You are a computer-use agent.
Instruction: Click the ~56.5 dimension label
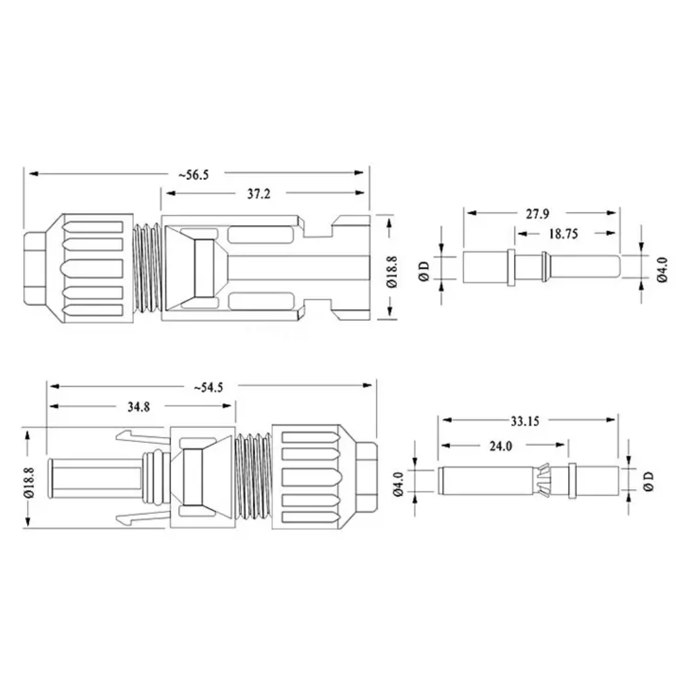tap(194, 174)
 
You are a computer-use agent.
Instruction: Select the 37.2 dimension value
tap(258, 193)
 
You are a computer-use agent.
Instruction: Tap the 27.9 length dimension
tap(538, 214)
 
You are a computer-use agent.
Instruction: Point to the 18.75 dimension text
tap(563, 234)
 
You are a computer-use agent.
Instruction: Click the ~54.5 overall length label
tap(208, 387)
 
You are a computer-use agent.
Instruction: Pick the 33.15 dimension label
tap(525, 421)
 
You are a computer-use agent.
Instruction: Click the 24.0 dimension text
tap(500, 446)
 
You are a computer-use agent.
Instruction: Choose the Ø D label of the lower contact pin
tap(649, 481)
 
